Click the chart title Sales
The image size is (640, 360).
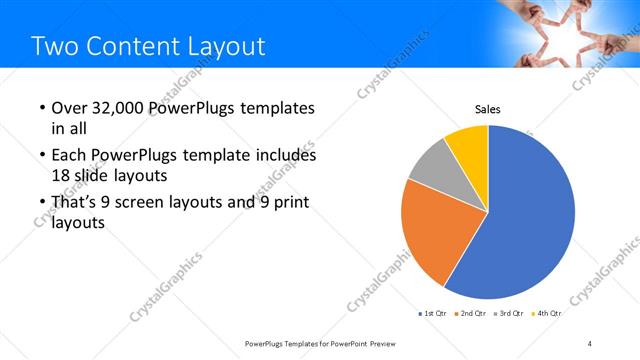[487, 109]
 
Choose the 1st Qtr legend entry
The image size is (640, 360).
[434, 313]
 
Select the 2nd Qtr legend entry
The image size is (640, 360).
[472, 313]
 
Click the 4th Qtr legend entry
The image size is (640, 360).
[547, 313]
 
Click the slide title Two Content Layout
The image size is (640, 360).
[148, 46]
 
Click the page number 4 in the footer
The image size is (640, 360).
[589, 344]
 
